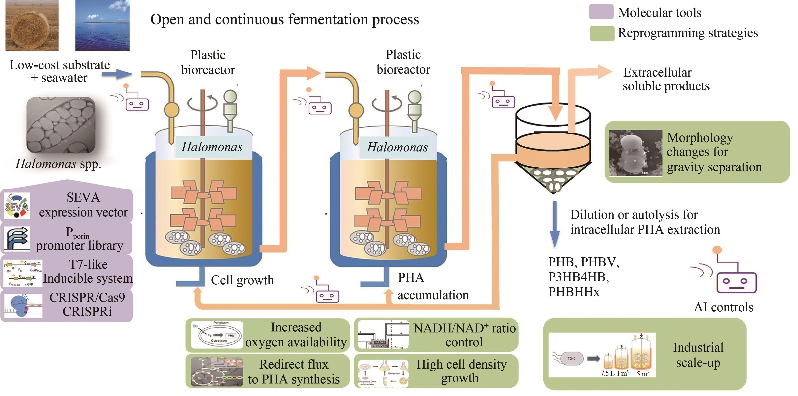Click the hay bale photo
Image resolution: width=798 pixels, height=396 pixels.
click(x=32, y=25)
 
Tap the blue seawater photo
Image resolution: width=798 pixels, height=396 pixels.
click(x=103, y=25)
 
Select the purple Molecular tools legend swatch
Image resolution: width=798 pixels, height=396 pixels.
click(x=601, y=12)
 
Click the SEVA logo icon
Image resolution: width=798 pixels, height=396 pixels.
click(x=17, y=206)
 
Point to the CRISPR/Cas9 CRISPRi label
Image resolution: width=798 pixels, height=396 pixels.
click(x=87, y=304)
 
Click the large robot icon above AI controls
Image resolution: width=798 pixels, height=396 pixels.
click(x=734, y=276)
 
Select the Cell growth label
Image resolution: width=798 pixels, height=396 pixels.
click(x=242, y=280)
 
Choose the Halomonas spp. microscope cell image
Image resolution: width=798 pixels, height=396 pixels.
click(x=61, y=125)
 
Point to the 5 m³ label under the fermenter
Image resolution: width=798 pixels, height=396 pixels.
click(x=642, y=374)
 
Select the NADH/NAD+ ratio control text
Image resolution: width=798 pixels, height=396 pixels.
click(x=464, y=335)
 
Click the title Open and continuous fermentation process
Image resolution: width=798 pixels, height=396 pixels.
click(x=284, y=19)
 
